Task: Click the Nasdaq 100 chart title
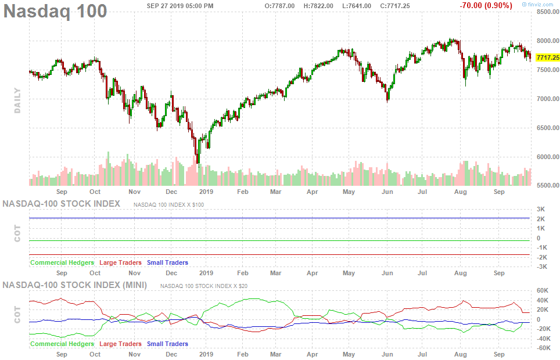[x=56, y=10]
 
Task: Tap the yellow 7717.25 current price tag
[x=548, y=57]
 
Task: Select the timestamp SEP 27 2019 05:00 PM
[x=180, y=6]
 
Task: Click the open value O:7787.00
[x=279, y=6]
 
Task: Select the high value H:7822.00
[x=317, y=6]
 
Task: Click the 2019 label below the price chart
[x=206, y=191]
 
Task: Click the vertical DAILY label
[x=17, y=100]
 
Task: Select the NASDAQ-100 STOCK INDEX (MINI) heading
[x=75, y=285]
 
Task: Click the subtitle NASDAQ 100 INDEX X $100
[x=168, y=205]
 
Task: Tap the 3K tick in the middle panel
[x=540, y=209]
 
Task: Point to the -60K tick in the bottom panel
[x=544, y=348]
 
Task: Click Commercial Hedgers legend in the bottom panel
[x=62, y=344]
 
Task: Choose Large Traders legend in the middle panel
[x=121, y=262]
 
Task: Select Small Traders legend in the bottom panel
[x=167, y=344]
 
